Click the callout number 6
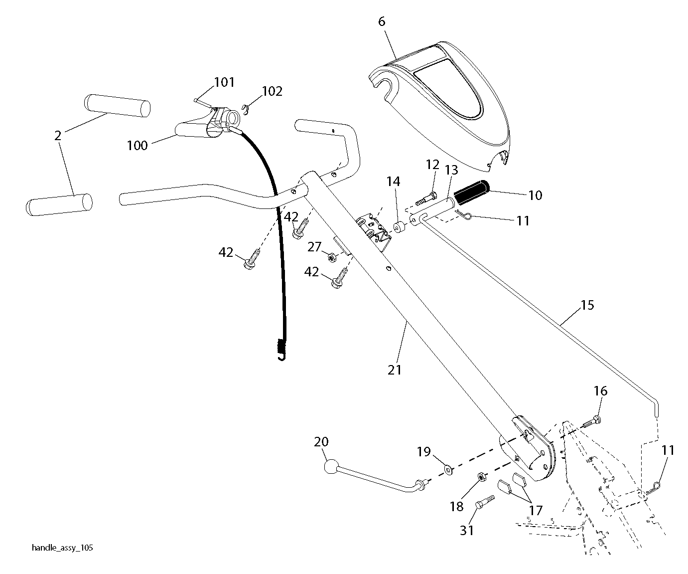[x=382, y=22]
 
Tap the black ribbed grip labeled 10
[x=472, y=191]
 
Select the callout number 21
[x=395, y=370]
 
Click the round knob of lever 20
[x=331, y=467]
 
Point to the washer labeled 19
[x=448, y=470]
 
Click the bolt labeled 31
[x=485, y=502]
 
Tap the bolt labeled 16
[x=592, y=422]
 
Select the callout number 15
[x=587, y=305]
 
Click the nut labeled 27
[x=332, y=256]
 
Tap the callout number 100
[x=138, y=146]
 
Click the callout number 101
[x=224, y=82]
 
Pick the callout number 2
[x=58, y=136]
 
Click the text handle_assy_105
[x=63, y=548]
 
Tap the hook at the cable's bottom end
[x=281, y=357]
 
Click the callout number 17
[x=535, y=511]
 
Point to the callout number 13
[x=451, y=170]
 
